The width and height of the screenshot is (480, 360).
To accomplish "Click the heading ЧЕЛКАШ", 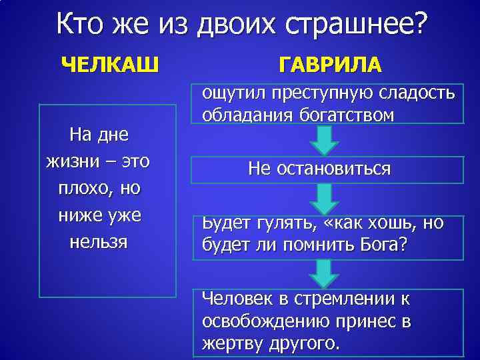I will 110,65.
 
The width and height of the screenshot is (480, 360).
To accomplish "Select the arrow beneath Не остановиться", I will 325,198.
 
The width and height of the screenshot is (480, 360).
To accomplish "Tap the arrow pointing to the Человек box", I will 325,273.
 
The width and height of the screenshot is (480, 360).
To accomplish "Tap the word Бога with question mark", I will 383,246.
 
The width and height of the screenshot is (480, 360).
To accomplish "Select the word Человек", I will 239,298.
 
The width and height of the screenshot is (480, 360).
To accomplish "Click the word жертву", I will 231,344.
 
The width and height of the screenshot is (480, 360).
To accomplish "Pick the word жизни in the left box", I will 73,161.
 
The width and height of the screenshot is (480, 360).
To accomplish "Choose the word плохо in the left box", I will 80,188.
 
